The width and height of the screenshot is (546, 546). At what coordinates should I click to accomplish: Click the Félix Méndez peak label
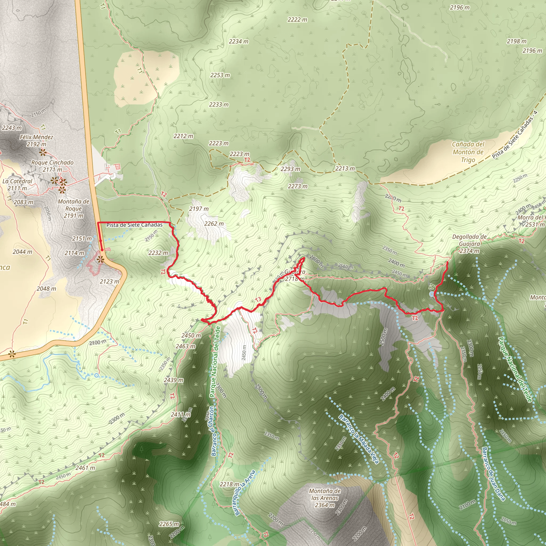[37, 137]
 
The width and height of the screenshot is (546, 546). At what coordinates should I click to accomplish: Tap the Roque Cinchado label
[52, 163]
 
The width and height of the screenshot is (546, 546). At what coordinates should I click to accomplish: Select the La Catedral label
[17, 181]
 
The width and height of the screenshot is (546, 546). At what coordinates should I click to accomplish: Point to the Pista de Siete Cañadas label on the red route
[134, 225]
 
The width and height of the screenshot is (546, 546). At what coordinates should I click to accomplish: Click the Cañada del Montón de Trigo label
[468, 152]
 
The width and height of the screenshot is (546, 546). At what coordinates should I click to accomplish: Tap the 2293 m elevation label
[291, 169]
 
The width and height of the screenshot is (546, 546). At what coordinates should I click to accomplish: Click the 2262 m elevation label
[214, 224]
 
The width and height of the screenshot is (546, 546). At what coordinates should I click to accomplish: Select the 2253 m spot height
[220, 75]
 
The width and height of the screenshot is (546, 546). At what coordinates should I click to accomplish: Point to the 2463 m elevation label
[185, 346]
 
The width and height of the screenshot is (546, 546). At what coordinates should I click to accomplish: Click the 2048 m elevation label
[46, 288]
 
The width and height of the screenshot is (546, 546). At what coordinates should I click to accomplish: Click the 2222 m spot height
[297, 19]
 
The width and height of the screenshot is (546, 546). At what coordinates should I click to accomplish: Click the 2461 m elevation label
[85, 468]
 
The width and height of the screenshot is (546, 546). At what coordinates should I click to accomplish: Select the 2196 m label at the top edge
[460, 8]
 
